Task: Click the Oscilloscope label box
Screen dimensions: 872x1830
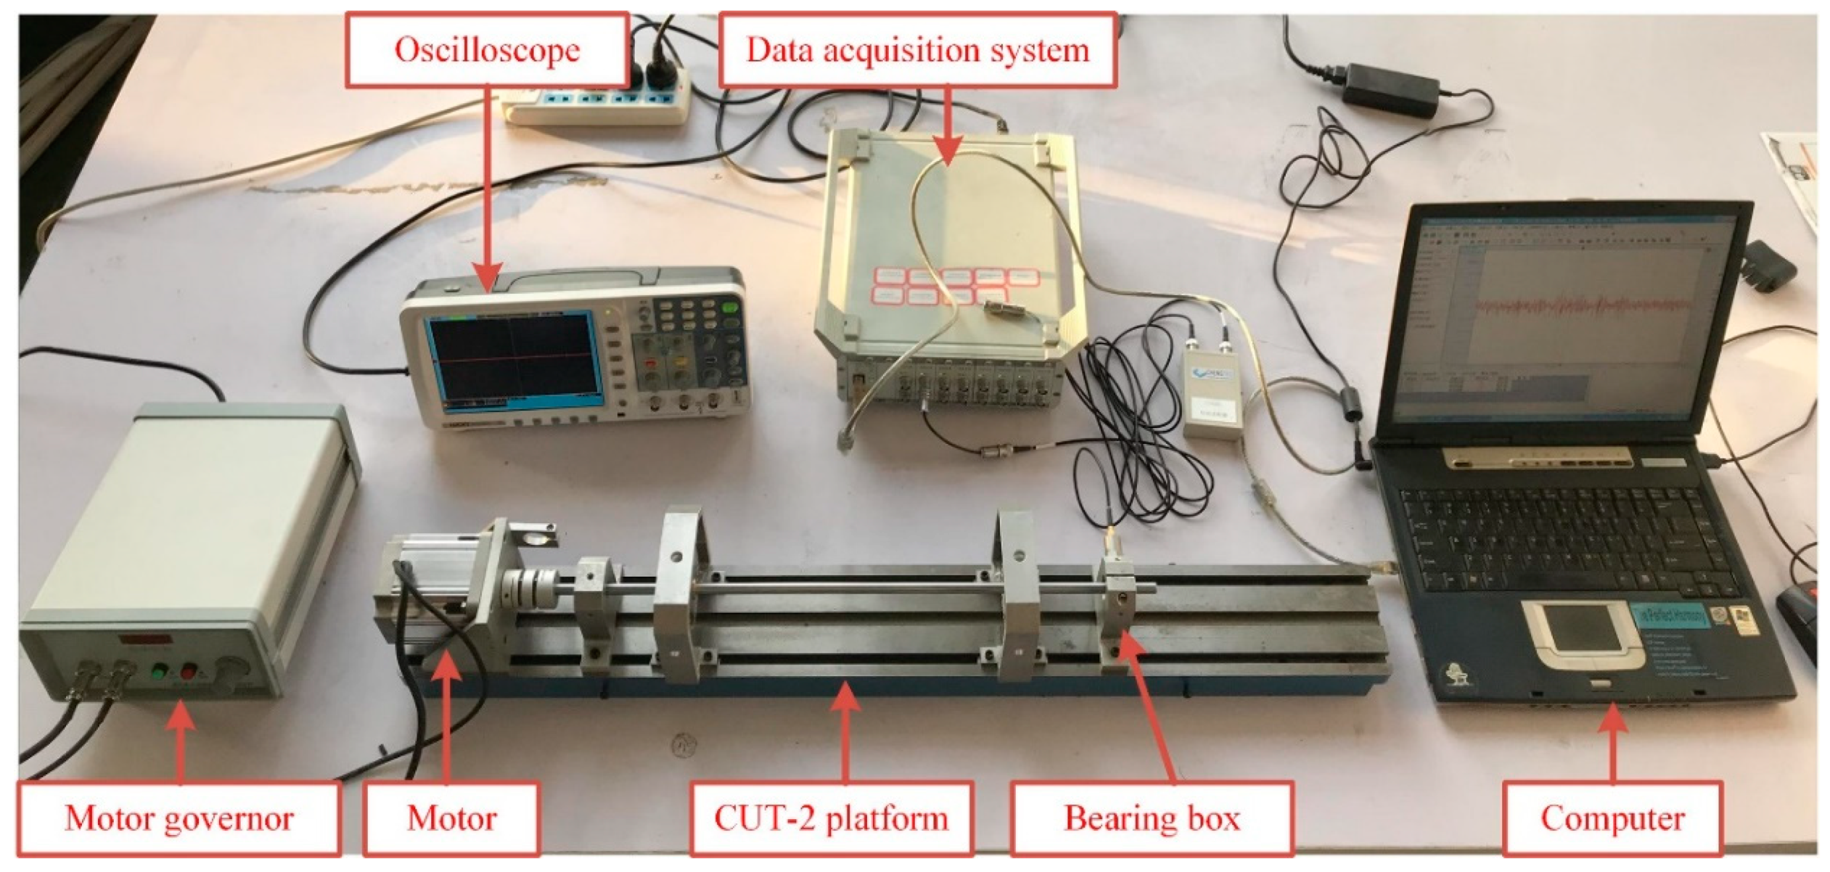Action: tap(487, 50)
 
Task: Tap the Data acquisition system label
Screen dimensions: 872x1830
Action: tap(917, 50)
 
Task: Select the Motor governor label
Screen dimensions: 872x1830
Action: tap(179, 818)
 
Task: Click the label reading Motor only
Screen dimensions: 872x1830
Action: tap(451, 818)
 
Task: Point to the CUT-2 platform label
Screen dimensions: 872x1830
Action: tap(831, 818)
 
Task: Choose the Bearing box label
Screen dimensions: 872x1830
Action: tap(1151, 818)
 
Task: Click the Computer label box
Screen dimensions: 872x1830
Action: tap(1612, 818)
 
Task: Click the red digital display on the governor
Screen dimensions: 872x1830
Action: tap(145, 639)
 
